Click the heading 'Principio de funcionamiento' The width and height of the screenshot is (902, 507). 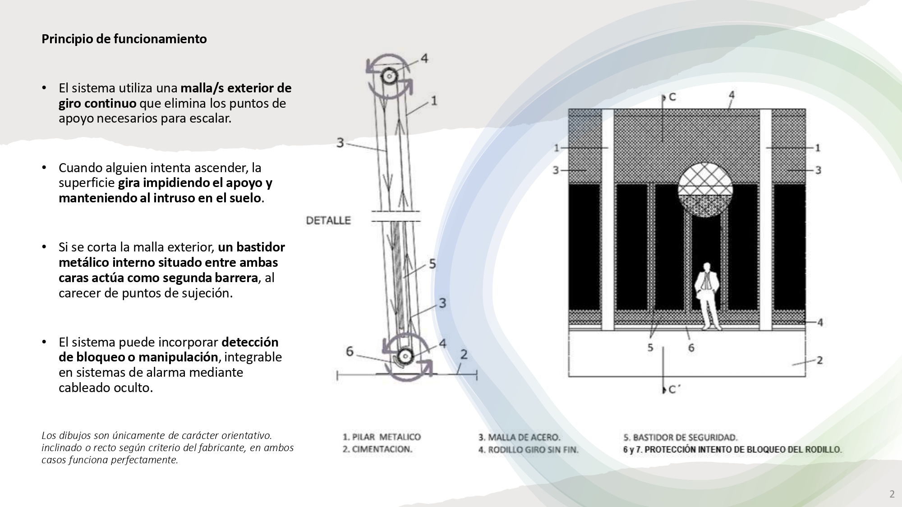click(124, 39)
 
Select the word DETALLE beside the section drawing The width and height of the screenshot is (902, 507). click(328, 220)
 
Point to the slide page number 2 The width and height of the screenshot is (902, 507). click(892, 494)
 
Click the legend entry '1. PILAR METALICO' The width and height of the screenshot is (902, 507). click(382, 437)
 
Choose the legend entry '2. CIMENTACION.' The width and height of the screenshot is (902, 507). click(377, 449)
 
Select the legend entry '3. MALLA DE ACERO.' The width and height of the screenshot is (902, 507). click(519, 437)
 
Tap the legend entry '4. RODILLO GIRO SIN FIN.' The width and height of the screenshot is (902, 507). click(528, 450)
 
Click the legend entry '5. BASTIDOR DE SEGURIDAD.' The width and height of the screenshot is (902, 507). click(680, 437)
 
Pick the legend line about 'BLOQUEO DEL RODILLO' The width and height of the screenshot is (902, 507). click(732, 450)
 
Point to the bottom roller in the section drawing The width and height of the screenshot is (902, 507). click(405, 356)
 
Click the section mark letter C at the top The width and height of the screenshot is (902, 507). click(672, 97)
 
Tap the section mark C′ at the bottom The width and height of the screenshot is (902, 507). click(673, 390)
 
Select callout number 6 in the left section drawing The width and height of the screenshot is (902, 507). click(350, 351)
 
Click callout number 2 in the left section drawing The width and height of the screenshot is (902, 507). click(464, 355)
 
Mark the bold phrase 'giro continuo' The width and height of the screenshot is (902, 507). click(97, 103)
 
